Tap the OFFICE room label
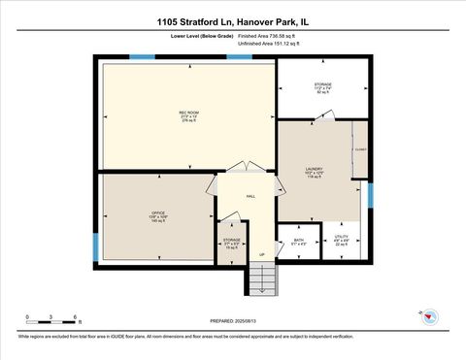157,213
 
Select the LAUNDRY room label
314,168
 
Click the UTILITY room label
342,237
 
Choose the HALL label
250,196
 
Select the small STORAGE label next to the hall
231,239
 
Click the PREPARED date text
233,321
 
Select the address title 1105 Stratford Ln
232,21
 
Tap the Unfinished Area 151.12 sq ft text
271,44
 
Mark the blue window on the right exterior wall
370,195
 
